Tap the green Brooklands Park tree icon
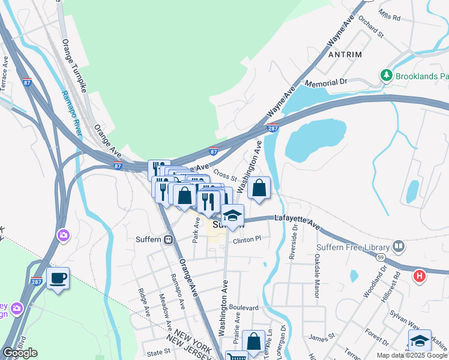(386, 75)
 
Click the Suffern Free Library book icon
(397, 246)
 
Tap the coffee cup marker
(58, 278)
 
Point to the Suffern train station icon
(169, 239)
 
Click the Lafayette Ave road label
(298, 221)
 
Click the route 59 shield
(381, 257)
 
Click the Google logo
(20, 353)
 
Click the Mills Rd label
(390, 15)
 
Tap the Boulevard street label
(243, 308)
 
